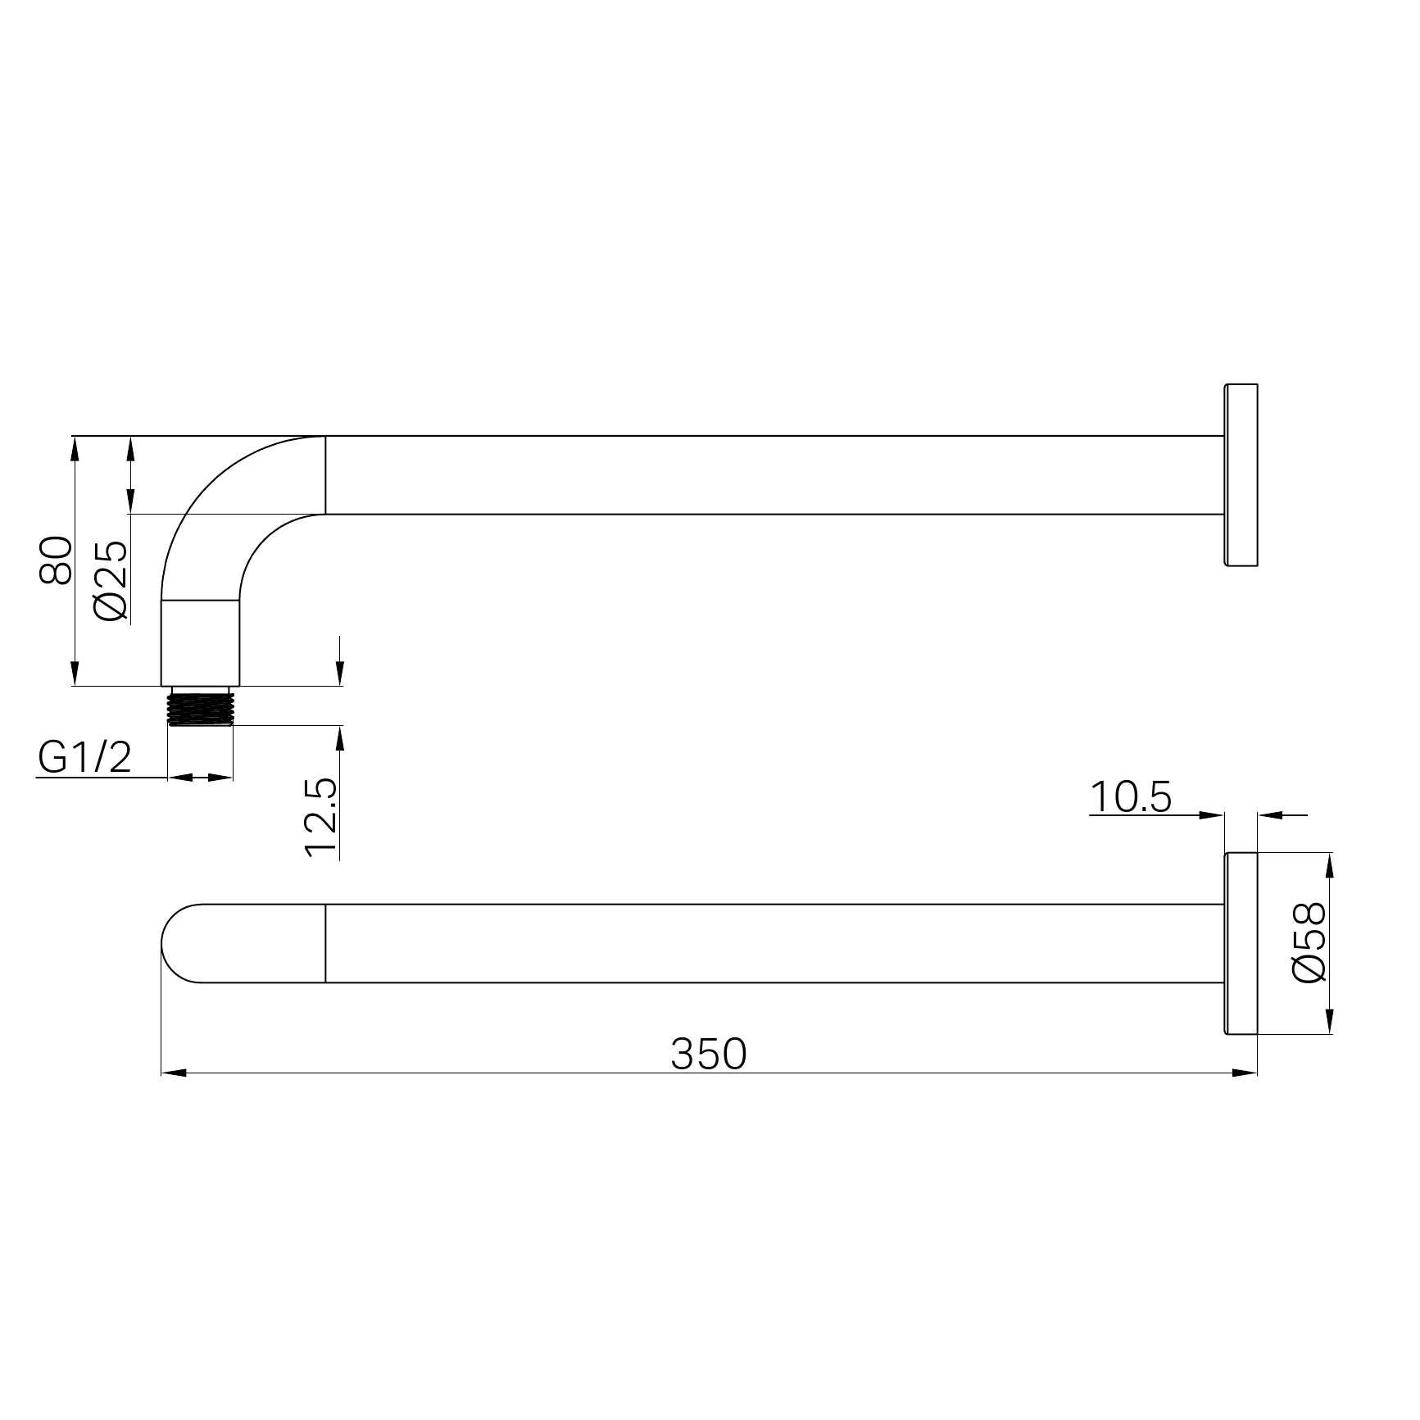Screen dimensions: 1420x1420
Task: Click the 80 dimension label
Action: tap(56, 560)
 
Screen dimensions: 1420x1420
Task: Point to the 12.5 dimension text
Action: tap(320, 817)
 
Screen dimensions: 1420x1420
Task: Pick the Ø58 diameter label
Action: tap(1308, 942)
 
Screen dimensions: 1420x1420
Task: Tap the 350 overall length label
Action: tap(709, 1054)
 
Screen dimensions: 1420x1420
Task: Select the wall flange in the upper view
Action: tap(1241, 474)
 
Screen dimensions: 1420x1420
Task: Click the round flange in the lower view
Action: tap(1241, 943)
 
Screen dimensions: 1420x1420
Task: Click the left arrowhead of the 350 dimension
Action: tap(173, 1073)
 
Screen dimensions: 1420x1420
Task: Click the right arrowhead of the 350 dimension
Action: tap(1245, 1073)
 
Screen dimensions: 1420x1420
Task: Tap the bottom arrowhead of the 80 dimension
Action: tap(75, 674)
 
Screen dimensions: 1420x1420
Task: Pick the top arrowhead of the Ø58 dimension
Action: tap(1329, 864)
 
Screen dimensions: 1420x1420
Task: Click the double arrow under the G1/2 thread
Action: tap(201, 778)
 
